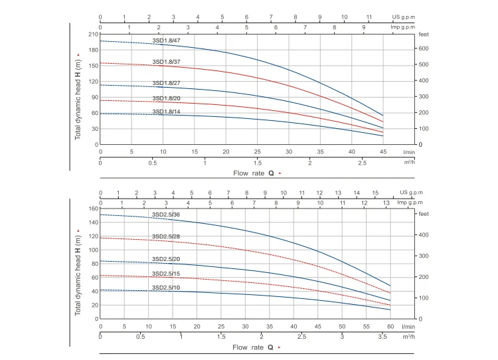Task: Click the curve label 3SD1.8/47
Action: (166, 41)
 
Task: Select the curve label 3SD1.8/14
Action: (166, 112)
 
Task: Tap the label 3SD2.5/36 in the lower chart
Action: (166, 215)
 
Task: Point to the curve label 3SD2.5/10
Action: (166, 287)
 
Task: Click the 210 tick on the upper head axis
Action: (94, 34)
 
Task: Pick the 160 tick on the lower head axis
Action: (94, 209)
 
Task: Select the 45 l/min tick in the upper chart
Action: (383, 151)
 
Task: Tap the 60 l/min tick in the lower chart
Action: (390, 326)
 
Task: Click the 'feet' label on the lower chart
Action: (422, 215)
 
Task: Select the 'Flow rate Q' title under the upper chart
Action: (252, 173)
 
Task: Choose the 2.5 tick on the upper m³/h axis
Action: (362, 163)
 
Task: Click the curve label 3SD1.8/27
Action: (166, 83)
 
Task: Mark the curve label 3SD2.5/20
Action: (166, 258)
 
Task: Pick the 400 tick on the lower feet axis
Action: (422, 235)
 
